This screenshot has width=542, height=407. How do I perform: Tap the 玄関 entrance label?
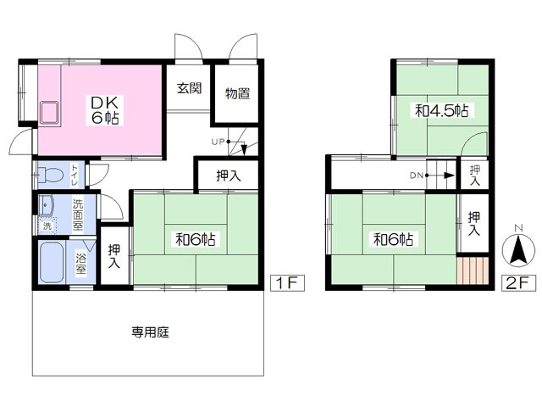coord(189,87)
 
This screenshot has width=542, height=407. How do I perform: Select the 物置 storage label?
coord(237,92)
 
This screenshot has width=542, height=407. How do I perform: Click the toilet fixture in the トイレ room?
coord(51,176)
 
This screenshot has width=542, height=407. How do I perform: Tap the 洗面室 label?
coord(77,215)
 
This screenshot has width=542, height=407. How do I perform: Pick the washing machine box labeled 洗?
coord(47,226)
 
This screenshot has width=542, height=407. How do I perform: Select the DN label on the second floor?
coord(417,176)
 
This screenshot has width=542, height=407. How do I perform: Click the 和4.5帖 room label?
coord(441,110)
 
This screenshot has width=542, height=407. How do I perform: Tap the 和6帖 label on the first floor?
coord(195,239)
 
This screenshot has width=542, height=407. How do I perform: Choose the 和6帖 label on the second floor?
coord(393,239)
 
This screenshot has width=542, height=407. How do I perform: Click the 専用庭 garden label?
coord(150,332)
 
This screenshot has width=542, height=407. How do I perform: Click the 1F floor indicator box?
coord(285,283)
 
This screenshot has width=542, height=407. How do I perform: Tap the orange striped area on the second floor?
coord(473,273)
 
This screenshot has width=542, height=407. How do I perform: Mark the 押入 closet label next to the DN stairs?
coord(474,176)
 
